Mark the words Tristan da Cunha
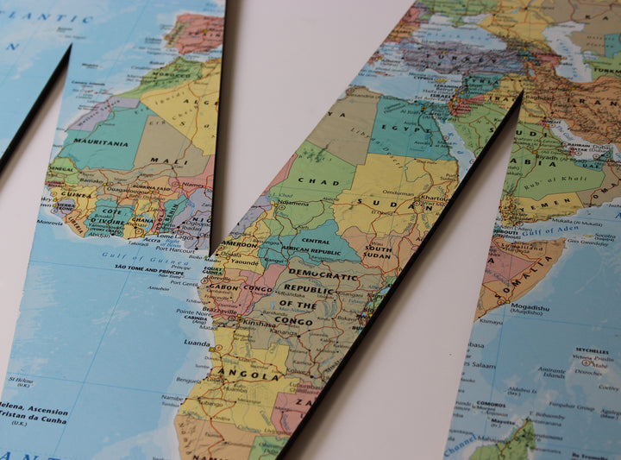pos(33,421)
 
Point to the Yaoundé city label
pos(245,261)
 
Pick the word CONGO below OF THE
pos(294,322)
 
